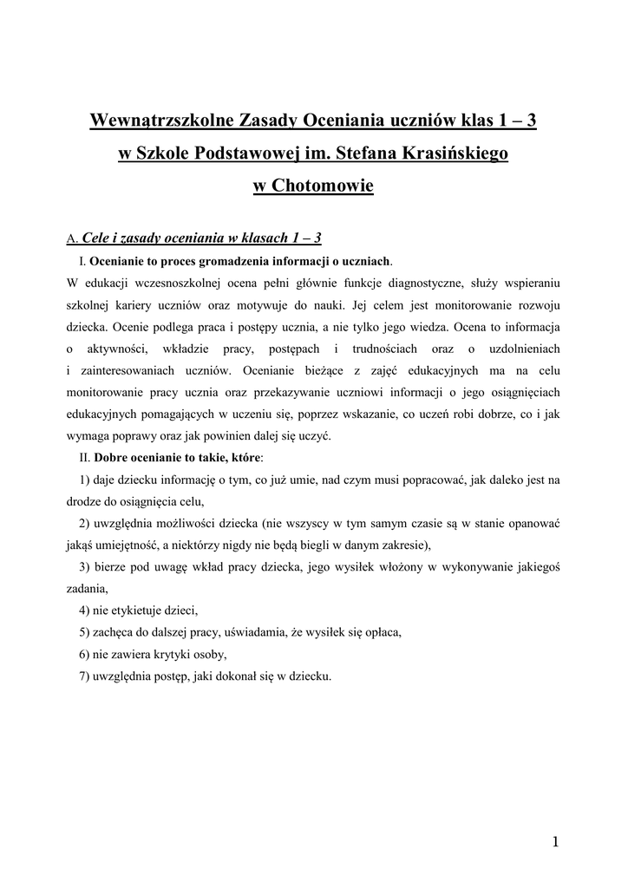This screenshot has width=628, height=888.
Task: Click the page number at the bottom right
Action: coord(555,841)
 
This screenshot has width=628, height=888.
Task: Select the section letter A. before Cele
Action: coord(72,238)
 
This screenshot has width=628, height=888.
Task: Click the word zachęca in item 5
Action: coord(120,632)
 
